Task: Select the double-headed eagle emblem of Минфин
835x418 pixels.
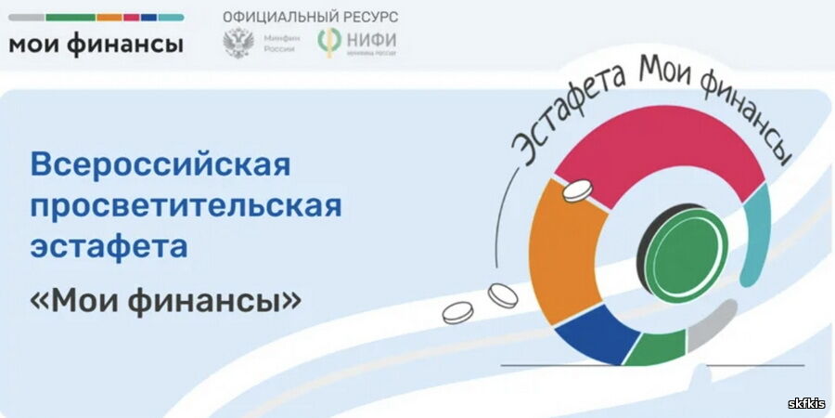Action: [238, 44]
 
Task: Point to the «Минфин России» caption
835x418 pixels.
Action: [278, 44]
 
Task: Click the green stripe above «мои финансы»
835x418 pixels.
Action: [70, 17]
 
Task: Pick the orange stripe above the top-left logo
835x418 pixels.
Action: [109, 17]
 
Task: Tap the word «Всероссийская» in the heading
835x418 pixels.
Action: [161, 165]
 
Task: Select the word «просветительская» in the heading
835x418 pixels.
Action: [186, 206]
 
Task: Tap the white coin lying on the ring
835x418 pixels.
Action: [576, 191]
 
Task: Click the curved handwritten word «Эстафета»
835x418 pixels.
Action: [557, 125]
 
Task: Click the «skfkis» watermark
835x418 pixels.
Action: [805, 402]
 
